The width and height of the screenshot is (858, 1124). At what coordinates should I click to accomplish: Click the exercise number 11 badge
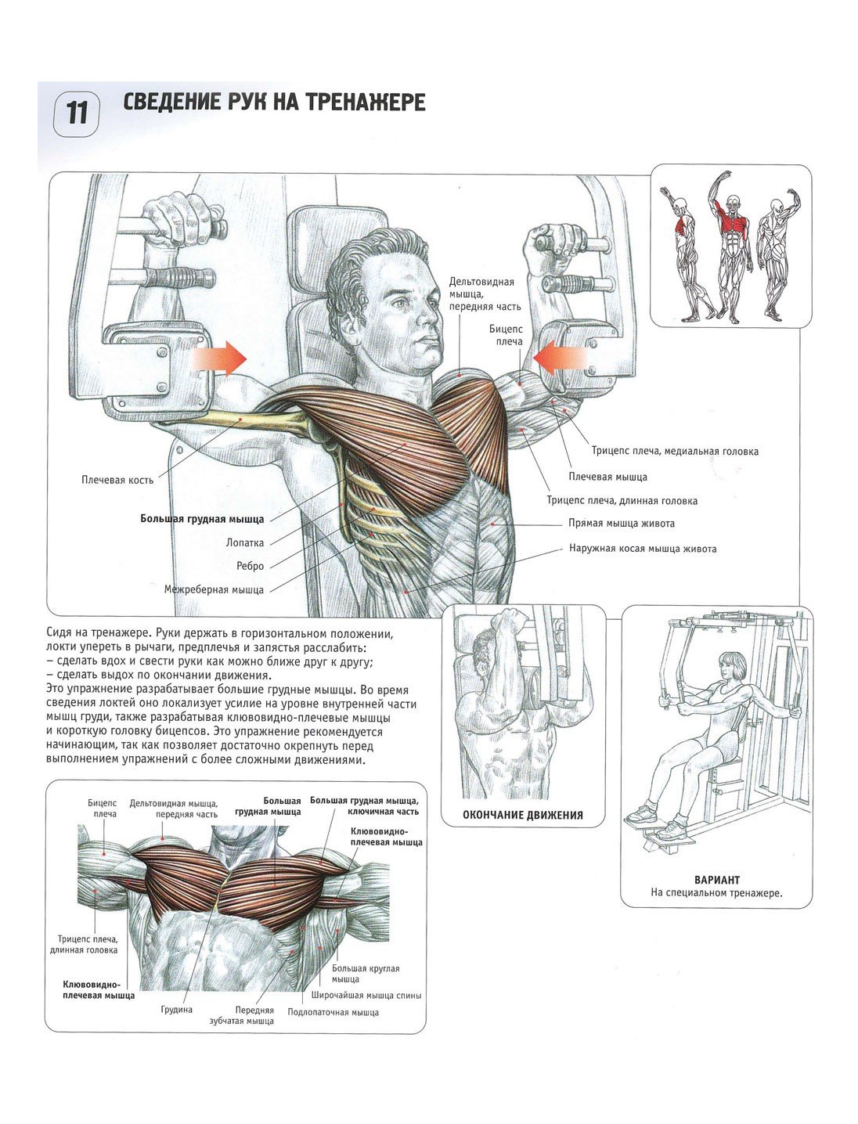[76, 113]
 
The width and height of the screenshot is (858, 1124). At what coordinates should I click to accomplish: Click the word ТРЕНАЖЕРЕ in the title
[366, 102]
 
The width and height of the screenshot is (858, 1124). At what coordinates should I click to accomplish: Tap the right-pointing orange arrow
[219, 358]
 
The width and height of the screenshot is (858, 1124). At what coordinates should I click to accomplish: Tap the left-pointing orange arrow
[560, 358]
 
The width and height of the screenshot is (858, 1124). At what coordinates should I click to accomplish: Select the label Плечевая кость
[117, 480]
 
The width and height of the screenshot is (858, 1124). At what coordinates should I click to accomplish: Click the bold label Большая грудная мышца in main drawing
[202, 519]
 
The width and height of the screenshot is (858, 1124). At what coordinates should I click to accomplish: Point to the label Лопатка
[245, 542]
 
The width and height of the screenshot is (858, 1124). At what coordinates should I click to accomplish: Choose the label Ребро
[251, 566]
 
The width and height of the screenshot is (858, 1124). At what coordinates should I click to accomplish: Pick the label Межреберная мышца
[214, 589]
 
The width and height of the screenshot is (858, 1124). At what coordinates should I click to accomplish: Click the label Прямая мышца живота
[622, 524]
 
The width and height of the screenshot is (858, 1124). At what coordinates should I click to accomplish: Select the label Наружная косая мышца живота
[643, 549]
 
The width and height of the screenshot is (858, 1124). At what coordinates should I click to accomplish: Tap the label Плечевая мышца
[607, 477]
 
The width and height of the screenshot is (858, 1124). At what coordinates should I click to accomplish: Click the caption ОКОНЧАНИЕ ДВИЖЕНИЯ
[523, 816]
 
